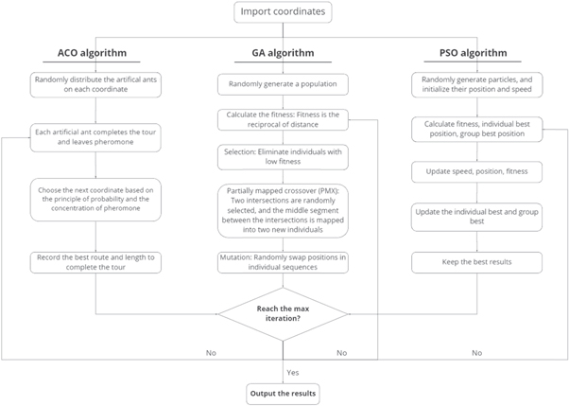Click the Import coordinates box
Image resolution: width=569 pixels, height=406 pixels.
[284, 13]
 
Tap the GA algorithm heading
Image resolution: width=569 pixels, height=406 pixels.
[284, 54]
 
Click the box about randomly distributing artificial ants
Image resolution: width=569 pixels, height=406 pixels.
[95, 85]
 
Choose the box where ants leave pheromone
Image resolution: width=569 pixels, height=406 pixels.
[95, 137]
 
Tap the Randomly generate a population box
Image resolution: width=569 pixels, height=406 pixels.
[284, 85]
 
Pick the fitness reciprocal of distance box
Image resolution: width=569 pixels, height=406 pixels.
[284, 120]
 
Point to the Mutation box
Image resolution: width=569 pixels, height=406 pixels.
[284, 261]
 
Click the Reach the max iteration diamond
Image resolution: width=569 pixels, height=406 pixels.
[284, 313]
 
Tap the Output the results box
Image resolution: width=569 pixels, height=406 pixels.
[284, 393]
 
